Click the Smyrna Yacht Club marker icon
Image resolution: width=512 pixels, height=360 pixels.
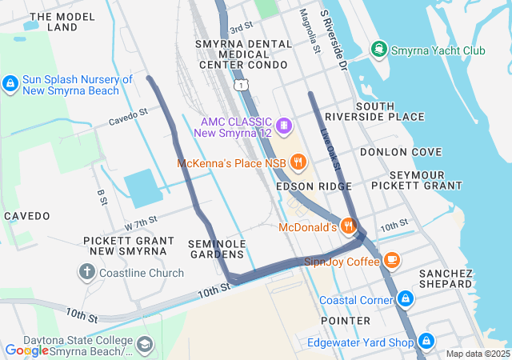click(378, 50)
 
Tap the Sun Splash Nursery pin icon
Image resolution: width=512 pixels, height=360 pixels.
click(10, 83)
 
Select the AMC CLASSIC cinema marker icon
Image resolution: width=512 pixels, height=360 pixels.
click(282, 126)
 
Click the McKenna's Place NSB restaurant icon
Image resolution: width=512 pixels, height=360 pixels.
click(298, 163)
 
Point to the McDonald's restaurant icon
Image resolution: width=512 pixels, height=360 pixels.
click(348, 227)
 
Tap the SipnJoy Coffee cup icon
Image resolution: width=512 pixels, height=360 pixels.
click(391, 260)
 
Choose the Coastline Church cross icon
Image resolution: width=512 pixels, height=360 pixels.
click(87, 272)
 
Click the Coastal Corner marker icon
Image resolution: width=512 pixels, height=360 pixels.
click(406, 300)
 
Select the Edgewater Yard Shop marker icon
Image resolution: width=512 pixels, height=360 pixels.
click(426, 342)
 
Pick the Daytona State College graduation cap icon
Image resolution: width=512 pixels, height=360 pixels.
click(144, 345)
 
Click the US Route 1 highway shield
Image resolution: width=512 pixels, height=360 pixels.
click(241, 84)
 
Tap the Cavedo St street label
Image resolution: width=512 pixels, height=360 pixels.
click(128, 118)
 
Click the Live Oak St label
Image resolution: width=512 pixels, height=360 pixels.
click(330, 149)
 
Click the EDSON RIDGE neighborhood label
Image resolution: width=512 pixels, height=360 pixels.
click(314, 186)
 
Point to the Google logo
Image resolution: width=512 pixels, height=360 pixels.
click(26, 350)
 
